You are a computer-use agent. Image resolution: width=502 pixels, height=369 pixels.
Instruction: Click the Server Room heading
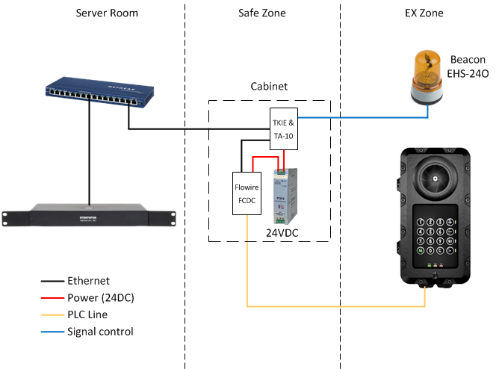(x=107, y=13)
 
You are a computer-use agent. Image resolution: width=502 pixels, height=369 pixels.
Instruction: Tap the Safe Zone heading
(x=263, y=13)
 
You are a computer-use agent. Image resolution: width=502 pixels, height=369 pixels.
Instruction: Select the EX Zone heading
(x=424, y=13)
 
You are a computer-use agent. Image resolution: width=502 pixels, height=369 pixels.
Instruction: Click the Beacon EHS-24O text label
(x=468, y=66)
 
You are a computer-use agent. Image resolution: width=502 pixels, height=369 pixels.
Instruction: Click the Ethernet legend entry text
(x=88, y=282)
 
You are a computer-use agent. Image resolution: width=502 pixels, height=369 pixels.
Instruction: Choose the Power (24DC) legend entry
(x=100, y=298)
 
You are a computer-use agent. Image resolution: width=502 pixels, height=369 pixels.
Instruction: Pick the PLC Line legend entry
(x=87, y=314)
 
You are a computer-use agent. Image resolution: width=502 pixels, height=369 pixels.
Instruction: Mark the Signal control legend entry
(x=100, y=331)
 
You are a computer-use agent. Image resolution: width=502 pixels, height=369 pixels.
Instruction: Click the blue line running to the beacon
(x=359, y=117)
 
